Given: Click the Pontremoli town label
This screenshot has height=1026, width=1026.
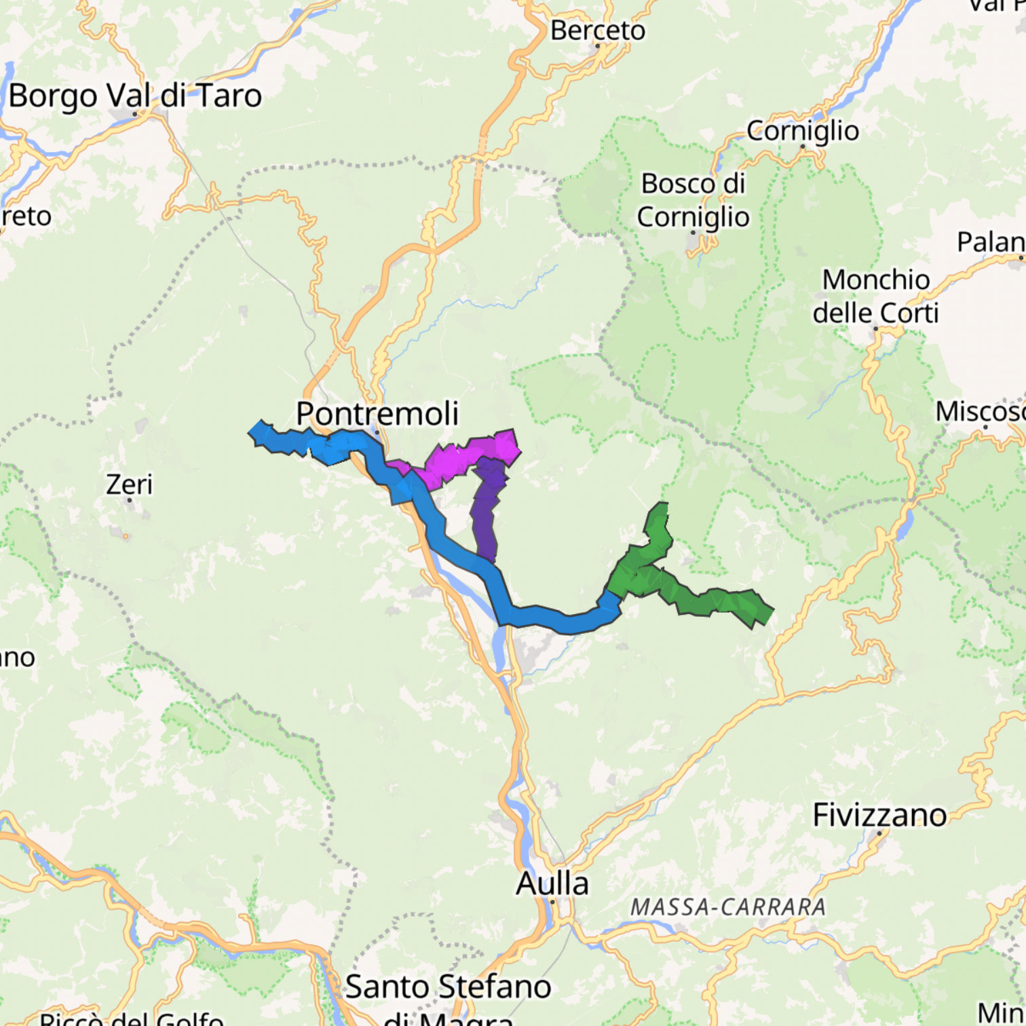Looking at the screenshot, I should (x=377, y=413).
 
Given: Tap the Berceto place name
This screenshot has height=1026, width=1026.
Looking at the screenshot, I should (x=597, y=30).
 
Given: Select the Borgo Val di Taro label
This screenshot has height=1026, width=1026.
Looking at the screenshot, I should (x=135, y=96).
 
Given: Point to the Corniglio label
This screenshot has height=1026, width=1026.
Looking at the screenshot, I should (x=803, y=130).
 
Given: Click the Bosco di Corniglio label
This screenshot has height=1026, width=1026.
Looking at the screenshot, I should (x=693, y=200).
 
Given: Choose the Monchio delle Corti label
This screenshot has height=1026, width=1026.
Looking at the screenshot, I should (x=875, y=297).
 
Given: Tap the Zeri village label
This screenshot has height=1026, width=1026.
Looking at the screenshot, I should (x=129, y=484).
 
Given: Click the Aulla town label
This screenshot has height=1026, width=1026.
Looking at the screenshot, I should (x=552, y=883).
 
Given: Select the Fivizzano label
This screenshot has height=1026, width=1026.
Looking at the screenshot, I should (x=879, y=815).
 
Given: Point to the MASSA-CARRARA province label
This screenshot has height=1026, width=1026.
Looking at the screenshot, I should (x=728, y=907).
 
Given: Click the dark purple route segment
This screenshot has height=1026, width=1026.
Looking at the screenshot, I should (x=487, y=509).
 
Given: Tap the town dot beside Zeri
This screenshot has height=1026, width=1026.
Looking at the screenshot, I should (x=129, y=500).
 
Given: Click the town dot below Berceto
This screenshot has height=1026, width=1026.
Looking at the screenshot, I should (x=597, y=46).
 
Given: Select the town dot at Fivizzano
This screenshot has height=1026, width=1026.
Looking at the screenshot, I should (x=879, y=832).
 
